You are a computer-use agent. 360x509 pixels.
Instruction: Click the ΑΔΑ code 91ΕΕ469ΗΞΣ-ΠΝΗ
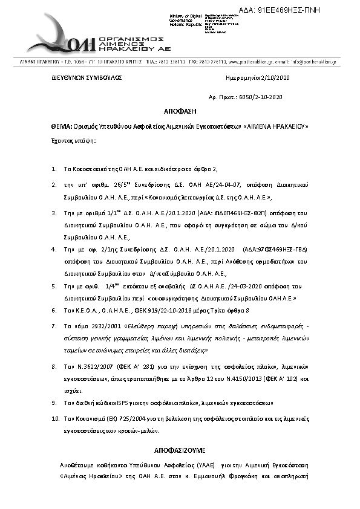(314, 11)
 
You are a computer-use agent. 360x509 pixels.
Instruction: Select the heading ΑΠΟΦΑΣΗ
(180, 112)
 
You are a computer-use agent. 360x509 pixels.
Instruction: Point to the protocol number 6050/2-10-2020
(261, 97)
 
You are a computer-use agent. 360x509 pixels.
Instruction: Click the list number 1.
(54, 169)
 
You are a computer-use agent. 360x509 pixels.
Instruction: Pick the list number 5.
(54, 299)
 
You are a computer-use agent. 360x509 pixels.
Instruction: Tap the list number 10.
(55, 418)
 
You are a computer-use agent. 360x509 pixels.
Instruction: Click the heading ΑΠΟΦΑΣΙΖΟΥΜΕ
(180, 451)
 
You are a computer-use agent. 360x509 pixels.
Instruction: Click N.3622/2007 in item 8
(84, 367)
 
